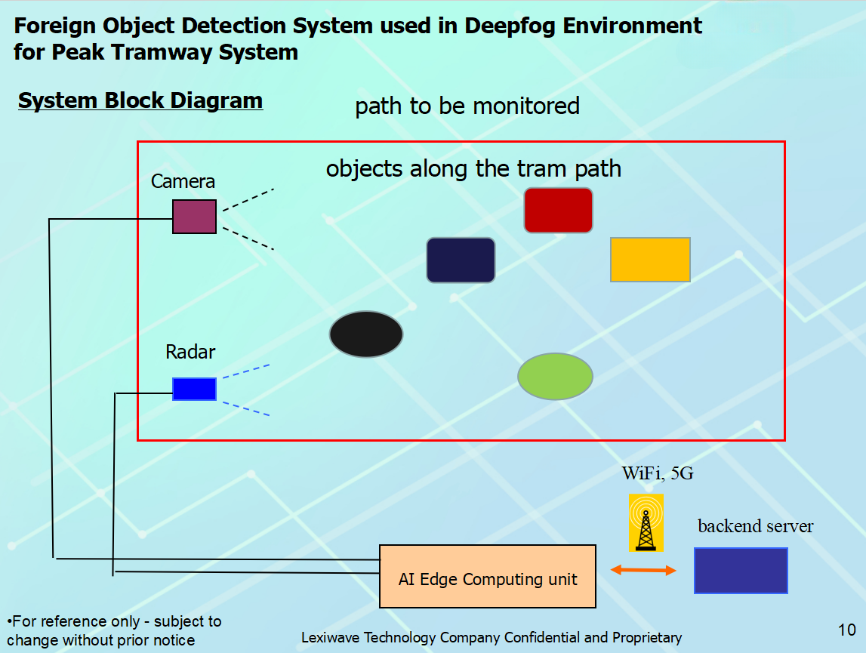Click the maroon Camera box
(194, 217)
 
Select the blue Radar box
(194, 389)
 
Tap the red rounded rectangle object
(558, 210)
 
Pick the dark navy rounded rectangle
(461, 260)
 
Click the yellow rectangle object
(650, 260)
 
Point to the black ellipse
(366, 334)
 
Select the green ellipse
(555, 376)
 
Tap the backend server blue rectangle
(741, 571)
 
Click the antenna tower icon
(646, 522)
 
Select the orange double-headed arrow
(643, 571)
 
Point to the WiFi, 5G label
(657, 473)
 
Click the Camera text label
(183, 182)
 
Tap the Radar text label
(190, 352)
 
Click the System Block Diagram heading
(140, 100)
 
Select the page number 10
(846, 630)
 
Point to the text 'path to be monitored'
(467, 106)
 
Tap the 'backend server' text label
(755, 525)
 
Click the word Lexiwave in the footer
(329, 638)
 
